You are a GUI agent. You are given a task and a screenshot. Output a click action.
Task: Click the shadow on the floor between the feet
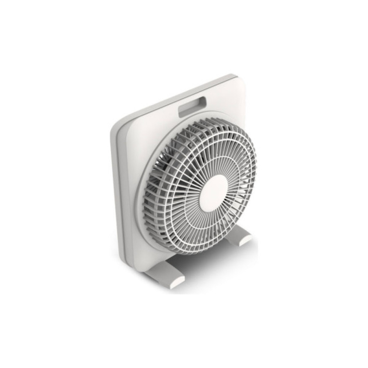[x=206, y=265]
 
